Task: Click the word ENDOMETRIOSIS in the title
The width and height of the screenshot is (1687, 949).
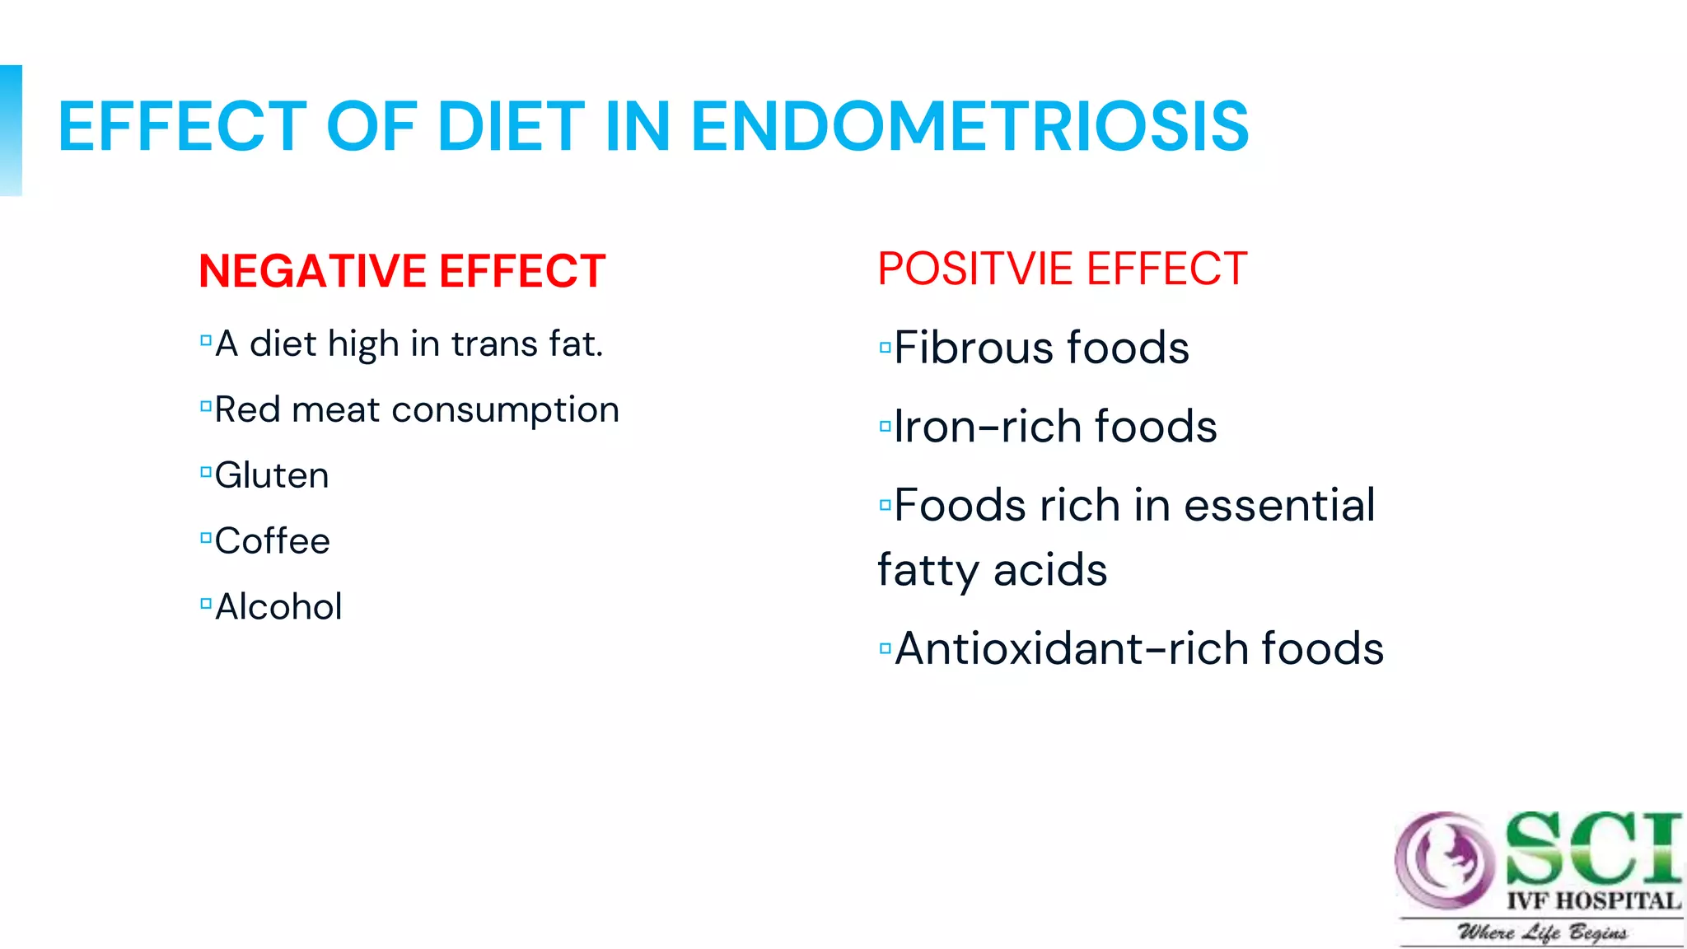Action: pos(970,127)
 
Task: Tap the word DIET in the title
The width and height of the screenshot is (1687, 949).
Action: pos(511,127)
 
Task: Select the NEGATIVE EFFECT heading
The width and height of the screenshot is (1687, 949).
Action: pos(402,271)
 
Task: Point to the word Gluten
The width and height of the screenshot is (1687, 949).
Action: pos(272,476)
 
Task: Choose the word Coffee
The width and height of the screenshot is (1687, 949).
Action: pos(273,542)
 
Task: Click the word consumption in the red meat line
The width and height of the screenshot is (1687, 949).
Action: pos(505,410)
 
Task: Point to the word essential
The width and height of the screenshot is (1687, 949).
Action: pos(1279,505)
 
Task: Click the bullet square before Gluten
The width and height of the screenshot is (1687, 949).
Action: pos(206,473)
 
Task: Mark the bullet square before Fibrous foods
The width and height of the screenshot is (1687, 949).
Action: pos(886,348)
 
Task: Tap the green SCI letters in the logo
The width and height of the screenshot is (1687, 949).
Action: pos(1591,848)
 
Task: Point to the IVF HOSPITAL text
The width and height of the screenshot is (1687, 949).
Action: pos(1593,901)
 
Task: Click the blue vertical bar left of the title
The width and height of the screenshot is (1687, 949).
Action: pos(11,130)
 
